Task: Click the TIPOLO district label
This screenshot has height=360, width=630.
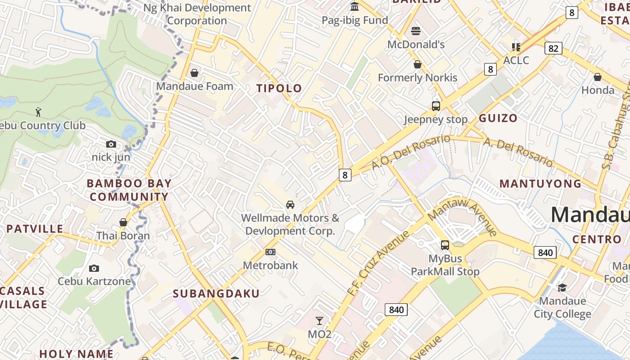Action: point(279,88)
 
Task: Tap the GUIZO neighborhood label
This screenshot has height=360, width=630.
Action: point(498,118)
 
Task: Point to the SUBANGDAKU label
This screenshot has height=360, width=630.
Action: point(216,294)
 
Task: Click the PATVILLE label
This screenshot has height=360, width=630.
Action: point(35,229)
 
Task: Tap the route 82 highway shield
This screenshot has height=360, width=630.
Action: point(553,48)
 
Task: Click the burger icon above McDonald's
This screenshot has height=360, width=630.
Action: point(416,31)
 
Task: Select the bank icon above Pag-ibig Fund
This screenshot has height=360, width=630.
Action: point(355,7)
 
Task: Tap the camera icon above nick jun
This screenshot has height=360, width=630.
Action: point(111,144)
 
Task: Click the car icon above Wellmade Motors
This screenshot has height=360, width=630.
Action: point(290,205)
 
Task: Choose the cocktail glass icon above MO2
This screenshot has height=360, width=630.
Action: point(319,321)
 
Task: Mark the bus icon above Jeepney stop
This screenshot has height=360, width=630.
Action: point(436,106)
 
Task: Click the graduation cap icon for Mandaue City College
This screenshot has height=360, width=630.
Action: point(562,288)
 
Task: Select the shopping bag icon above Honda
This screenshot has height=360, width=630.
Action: point(598,77)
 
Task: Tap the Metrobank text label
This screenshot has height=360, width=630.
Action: point(270,265)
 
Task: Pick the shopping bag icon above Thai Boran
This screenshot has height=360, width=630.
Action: point(123,222)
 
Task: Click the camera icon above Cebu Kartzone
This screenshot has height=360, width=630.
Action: point(94,268)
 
